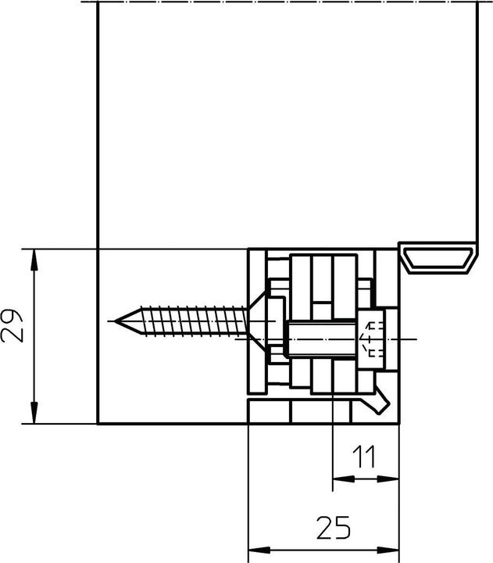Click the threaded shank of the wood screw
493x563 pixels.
point(188,321)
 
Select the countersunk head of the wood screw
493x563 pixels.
point(259,321)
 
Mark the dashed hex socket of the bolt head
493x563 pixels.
point(373,339)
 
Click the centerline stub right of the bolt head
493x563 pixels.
point(407,339)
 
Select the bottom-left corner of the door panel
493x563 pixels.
point(97,424)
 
